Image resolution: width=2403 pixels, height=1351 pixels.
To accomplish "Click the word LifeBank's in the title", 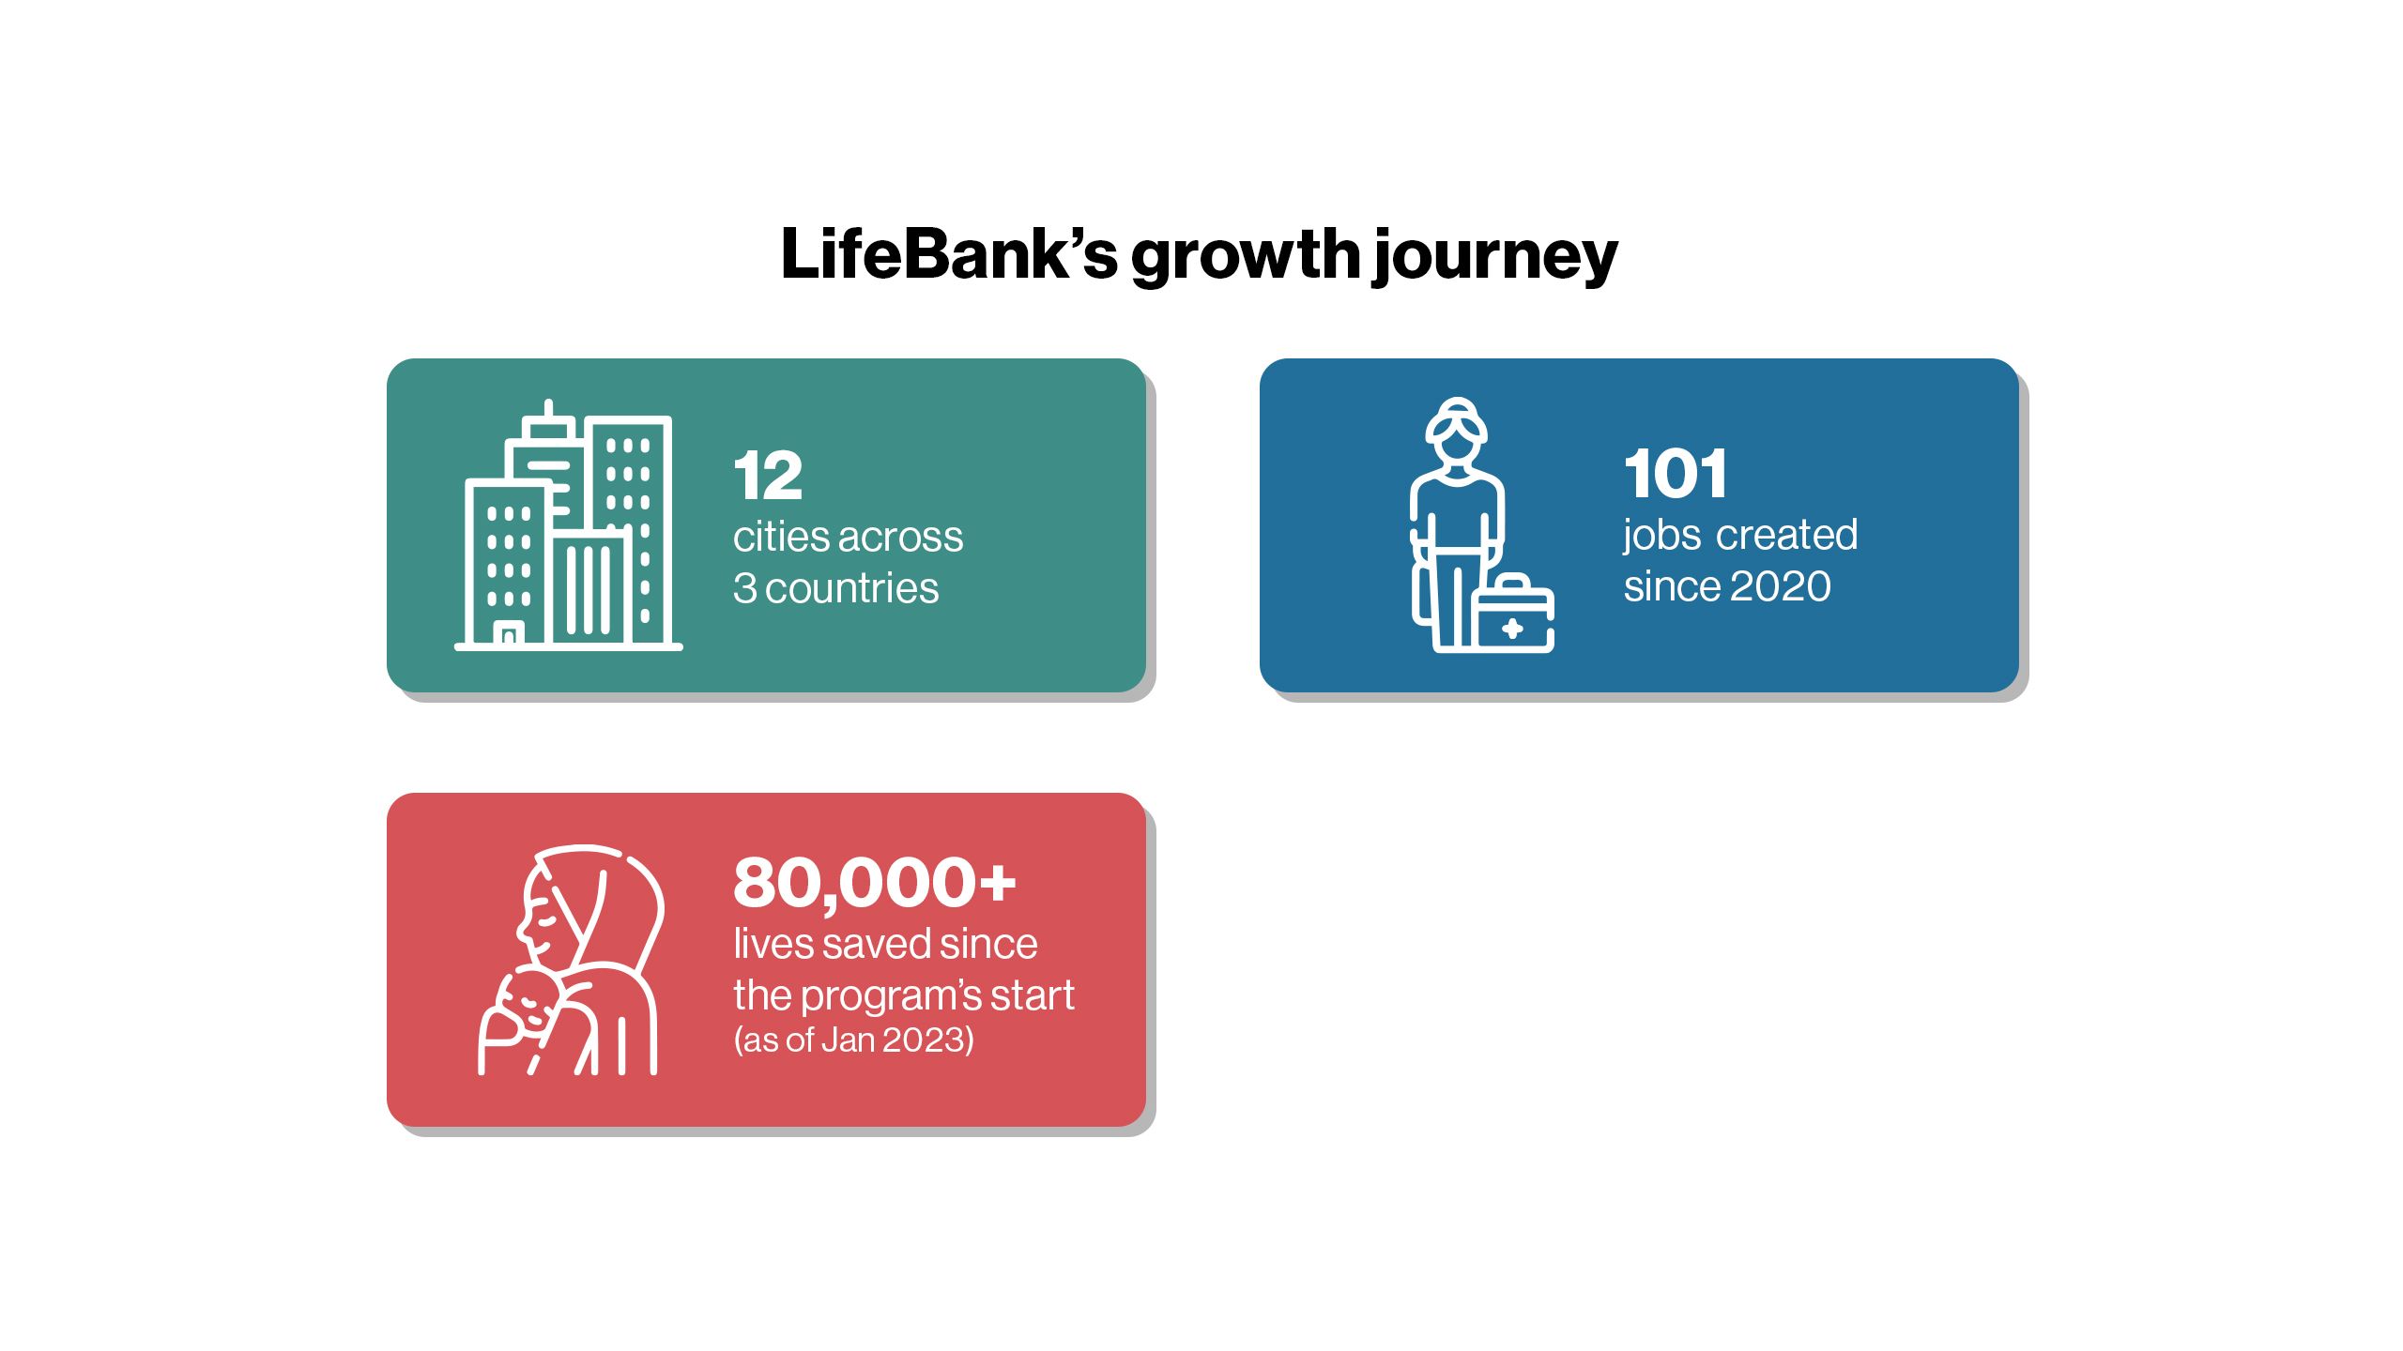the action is click(x=949, y=254).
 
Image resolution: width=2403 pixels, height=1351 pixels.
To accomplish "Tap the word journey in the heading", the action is click(x=1495, y=258).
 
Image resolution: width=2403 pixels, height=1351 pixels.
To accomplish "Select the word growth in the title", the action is click(x=1246, y=258).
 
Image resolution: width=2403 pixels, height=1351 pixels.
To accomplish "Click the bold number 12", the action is click(x=768, y=476).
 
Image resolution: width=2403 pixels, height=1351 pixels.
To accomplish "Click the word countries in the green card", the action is click(x=852, y=588).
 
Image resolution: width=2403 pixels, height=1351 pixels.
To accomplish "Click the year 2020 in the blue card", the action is click(x=1780, y=586).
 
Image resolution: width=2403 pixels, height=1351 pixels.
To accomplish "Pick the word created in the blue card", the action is click(x=1786, y=535).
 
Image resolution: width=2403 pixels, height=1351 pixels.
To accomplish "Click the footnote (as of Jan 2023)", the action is click(x=854, y=1040).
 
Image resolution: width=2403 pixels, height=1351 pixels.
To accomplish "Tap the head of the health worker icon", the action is click(x=1456, y=433).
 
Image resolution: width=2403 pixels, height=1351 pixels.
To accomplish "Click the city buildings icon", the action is click(x=569, y=525).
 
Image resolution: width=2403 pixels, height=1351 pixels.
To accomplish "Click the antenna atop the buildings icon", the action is click(x=549, y=411).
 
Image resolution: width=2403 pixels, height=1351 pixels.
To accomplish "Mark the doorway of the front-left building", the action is click(x=508, y=634).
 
